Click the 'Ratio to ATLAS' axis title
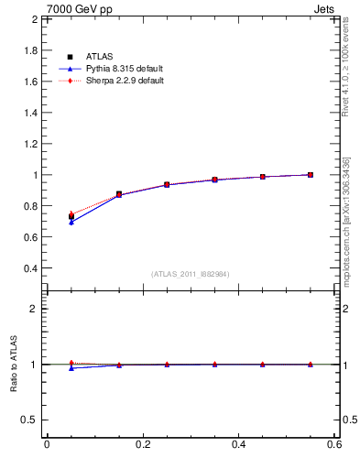tap(13, 364)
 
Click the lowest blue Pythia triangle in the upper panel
tap(71, 222)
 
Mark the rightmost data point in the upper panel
tap(311, 175)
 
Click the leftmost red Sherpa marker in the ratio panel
tap(71, 363)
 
